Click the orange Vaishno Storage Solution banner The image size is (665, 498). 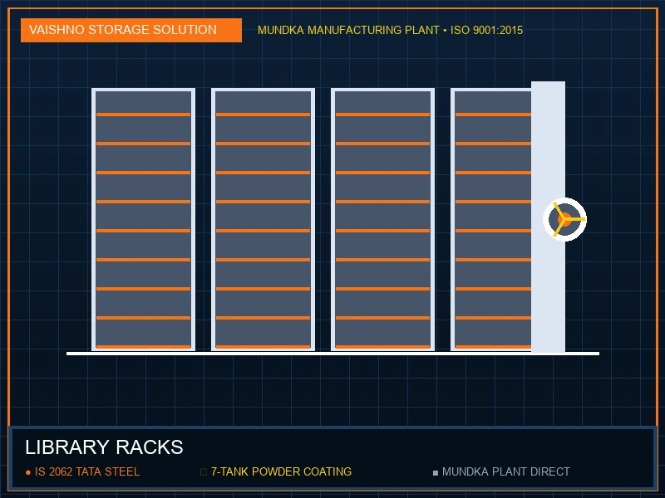point(131,30)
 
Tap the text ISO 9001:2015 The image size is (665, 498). point(486,31)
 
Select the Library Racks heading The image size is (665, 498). point(104,447)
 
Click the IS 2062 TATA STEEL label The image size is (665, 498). point(87,471)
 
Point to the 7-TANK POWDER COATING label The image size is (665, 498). point(281,471)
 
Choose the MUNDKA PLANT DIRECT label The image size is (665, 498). point(506,471)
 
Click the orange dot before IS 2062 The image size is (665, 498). point(28,472)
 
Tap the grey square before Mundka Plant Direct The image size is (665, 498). point(435,472)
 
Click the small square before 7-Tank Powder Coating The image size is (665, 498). point(203,472)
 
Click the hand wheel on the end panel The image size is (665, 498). point(564,219)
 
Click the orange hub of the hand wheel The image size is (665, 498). point(564,219)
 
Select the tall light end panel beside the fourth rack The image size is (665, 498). point(548,217)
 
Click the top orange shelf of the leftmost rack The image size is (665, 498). point(143,115)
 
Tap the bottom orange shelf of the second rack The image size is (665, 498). point(263,347)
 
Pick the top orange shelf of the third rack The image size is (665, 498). point(382,115)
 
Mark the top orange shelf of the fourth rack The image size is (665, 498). point(493,115)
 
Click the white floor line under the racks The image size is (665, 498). point(333,354)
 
